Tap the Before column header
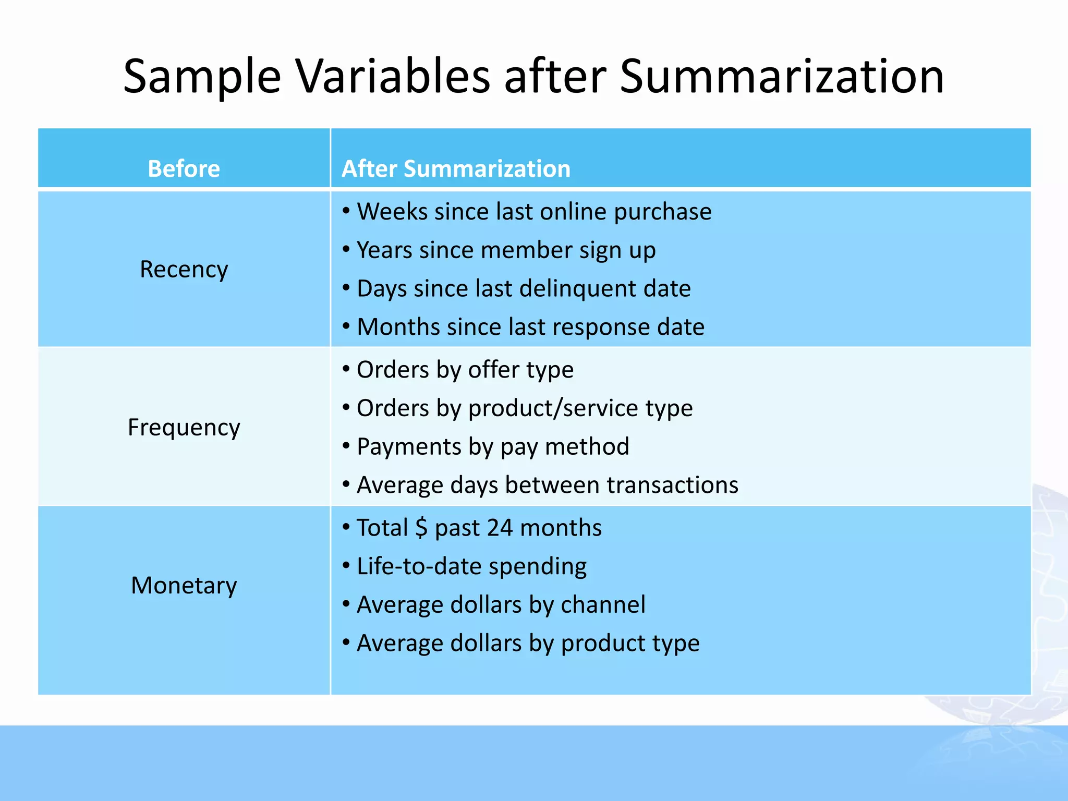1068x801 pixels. click(x=184, y=168)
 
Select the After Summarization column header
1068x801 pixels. click(x=456, y=168)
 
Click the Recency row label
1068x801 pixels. click(x=184, y=269)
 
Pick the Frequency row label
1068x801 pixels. click(x=184, y=427)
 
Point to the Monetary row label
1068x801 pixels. click(x=184, y=585)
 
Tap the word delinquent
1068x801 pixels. click(x=577, y=288)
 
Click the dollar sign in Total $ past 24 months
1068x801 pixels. click(x=421, y=528)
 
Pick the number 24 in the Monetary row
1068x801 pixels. click(x=500, y=528)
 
